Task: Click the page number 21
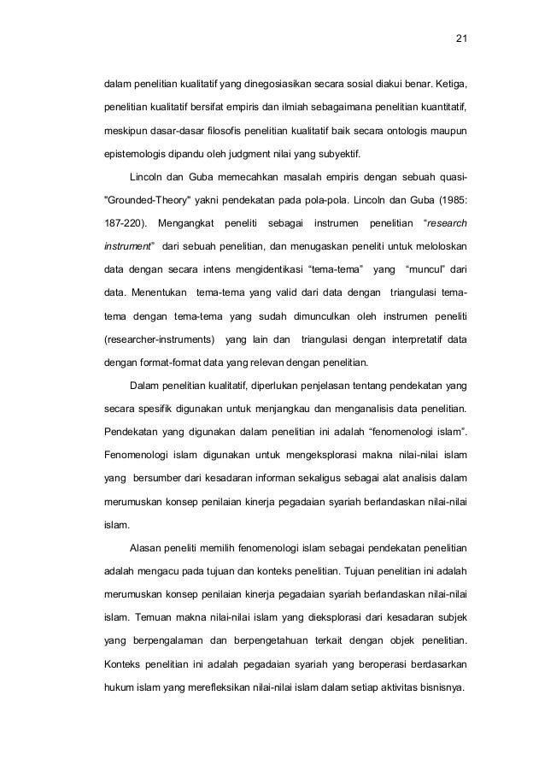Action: (x=461, y=38)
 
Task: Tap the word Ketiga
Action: (x=449, y=85)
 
